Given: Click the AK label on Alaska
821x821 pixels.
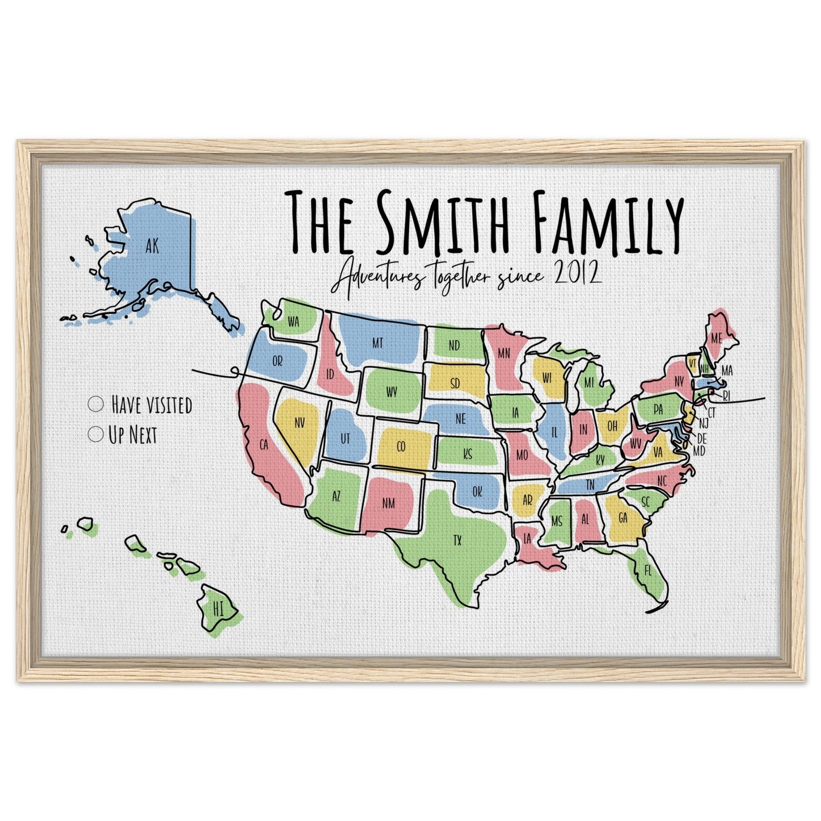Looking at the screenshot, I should pos(151,245).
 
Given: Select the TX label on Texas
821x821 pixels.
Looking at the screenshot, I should pos(457,540).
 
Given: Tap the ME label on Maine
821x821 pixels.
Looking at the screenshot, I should pos(716,338).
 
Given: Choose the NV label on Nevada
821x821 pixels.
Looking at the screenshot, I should pos(299,422).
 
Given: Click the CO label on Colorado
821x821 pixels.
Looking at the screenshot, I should pos(401,447).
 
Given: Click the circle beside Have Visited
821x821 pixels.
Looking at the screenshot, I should pos(96,405).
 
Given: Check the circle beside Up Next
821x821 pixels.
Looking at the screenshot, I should pos(96,435).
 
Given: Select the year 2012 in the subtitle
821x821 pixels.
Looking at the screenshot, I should pos(577,274).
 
